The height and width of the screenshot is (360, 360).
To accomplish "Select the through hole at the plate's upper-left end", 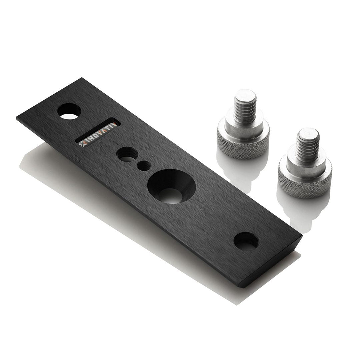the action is [x=69, y=111].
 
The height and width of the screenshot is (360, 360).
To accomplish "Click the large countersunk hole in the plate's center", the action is [x=171, y=186].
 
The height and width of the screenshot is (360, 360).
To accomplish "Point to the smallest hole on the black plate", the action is [x=144, y=165].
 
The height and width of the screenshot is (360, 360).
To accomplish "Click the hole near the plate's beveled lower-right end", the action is [x=246, y=241].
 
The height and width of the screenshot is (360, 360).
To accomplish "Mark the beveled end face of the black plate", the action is [x=271, y=262].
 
